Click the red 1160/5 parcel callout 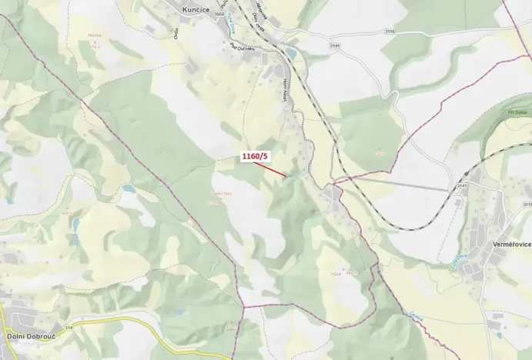[x=255, y=157]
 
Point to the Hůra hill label [x=336, y=272]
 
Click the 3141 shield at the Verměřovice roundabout [x=463, y=185]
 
